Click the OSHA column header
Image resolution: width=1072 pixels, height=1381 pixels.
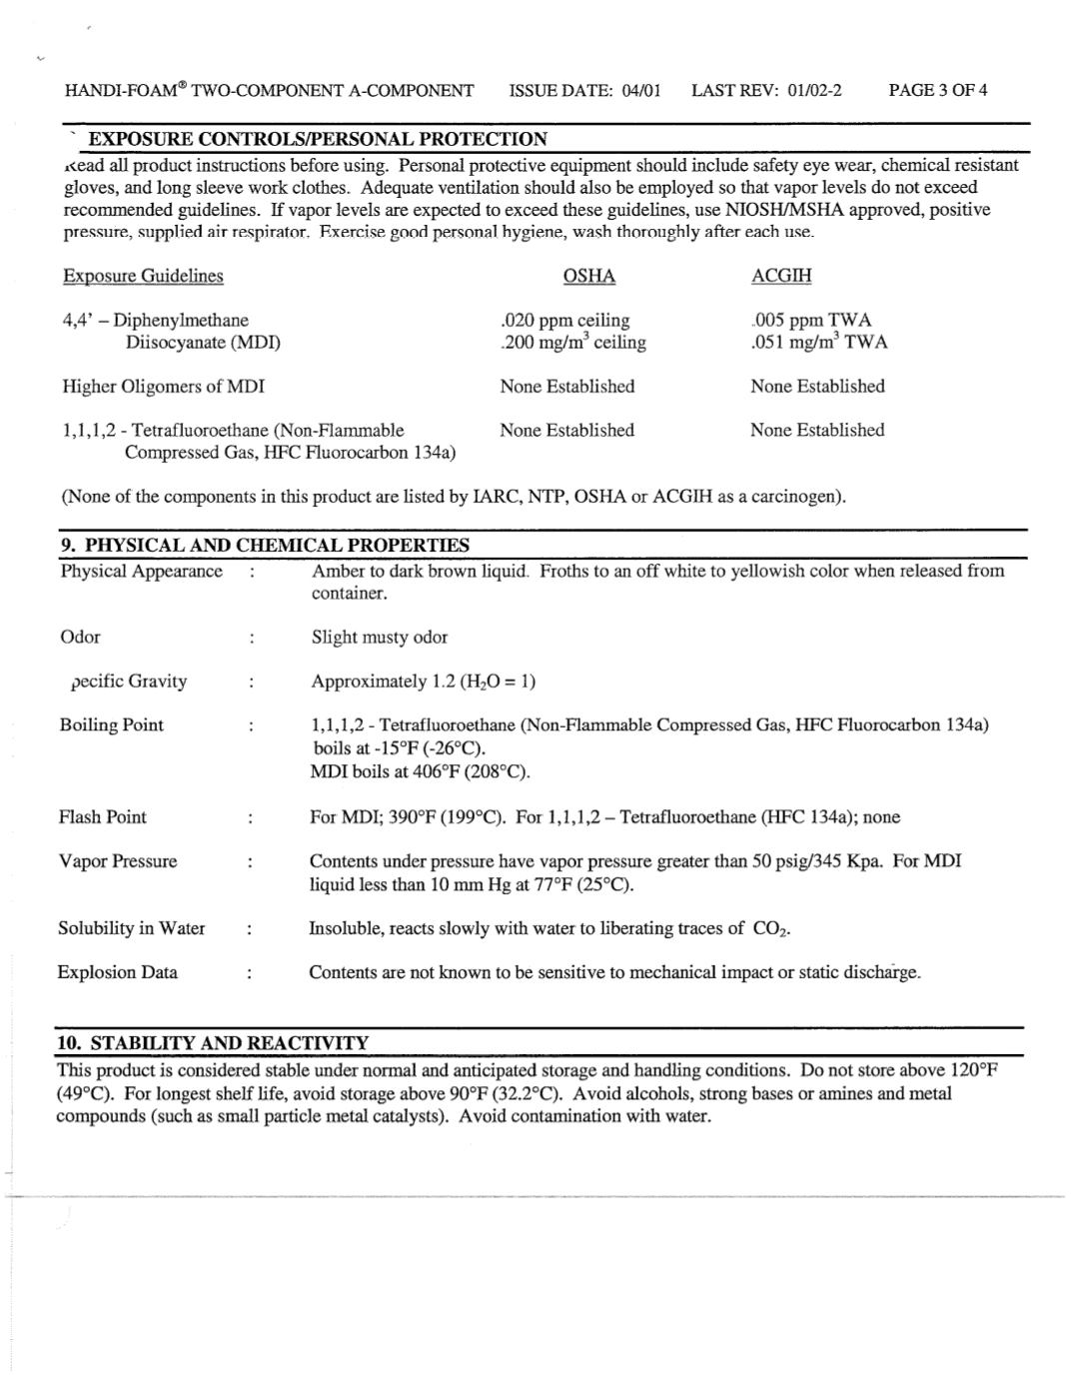[588, 276]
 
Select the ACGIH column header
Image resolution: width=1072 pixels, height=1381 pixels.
[780, 276]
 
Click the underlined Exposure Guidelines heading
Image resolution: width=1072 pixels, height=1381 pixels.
[143, 276]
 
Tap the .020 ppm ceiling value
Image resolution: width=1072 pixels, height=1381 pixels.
[564, 320]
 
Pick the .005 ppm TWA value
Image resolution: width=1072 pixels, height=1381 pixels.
[812, 320]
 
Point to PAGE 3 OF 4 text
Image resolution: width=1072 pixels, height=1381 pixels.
[937, 91]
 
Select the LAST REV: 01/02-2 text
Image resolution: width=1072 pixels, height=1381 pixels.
[766, 91]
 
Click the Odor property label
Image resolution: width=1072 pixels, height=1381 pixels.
[80, 637]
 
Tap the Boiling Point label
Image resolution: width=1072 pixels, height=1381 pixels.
[111, 724]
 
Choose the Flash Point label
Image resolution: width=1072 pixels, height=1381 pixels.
[102, 816]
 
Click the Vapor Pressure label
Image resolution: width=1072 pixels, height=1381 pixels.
[117, 860]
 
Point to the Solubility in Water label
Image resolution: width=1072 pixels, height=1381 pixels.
[131, 927]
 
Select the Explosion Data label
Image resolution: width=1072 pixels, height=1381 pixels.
[117, 971]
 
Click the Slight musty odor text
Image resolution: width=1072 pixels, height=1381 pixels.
[380, 637]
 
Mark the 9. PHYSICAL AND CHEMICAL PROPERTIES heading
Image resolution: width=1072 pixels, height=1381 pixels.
[264, 545]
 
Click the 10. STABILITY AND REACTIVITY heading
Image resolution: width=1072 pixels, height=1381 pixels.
[213, 1042]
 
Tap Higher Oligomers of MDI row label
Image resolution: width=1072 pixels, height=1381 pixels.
[163, 386]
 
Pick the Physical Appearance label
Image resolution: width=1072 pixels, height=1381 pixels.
[141, 571]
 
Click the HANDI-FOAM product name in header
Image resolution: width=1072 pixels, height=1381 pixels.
[125, 91]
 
